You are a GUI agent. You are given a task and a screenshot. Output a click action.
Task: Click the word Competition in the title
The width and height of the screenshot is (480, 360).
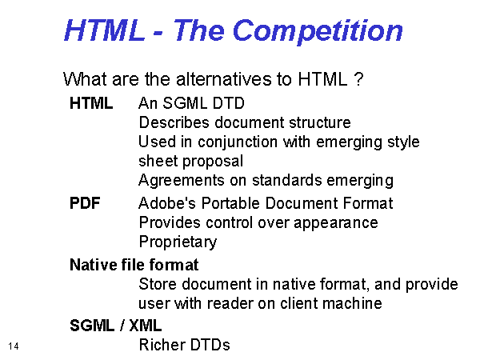[x=318, y=31]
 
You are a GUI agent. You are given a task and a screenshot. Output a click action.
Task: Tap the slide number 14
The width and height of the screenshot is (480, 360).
[x=14, y=346]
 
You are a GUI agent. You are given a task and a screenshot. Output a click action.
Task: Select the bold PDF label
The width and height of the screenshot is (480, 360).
[x=85, y=203]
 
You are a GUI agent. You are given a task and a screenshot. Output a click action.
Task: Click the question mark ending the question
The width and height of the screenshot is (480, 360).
[x=358, y=79]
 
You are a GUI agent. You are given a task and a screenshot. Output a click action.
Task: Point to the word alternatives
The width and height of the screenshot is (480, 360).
[x=223, y=79]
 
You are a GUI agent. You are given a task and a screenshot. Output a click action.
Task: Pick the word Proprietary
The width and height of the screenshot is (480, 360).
[x=178, y=242]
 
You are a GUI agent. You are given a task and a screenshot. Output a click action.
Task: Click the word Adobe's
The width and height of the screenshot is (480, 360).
[x=167, y=203]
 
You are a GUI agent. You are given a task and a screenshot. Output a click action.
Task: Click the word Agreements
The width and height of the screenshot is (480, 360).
[x=182, y=181]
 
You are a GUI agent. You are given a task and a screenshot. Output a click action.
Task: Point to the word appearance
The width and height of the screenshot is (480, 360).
[x=336, y=223]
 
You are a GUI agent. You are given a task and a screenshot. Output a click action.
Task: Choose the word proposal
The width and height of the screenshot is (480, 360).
[x=213, y=162]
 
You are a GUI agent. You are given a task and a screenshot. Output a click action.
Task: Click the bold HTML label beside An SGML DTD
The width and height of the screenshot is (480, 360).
[x=91, y=103]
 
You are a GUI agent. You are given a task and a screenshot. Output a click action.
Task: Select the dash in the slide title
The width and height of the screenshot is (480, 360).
[x=158, y=33]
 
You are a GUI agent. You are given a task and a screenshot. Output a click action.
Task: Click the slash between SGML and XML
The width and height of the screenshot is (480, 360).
[x=122, y=326]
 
